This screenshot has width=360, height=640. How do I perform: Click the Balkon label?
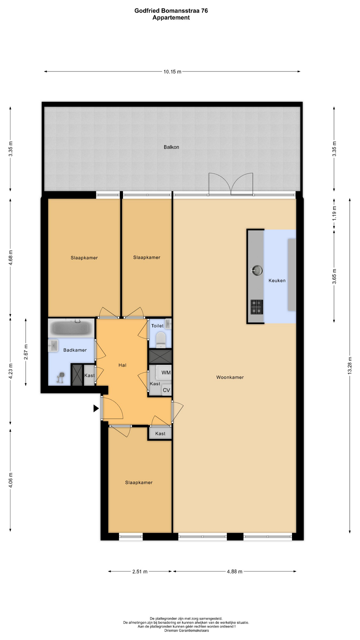tap(171, 147)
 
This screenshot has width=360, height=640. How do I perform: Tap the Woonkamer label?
tap(230, 377)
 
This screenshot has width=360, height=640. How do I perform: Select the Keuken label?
tap(277, 281)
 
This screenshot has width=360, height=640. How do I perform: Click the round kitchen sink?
tap(257, 270)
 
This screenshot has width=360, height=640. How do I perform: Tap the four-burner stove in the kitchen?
tap(257, 307)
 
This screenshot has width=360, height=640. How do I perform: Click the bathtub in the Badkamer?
tap(71, 328)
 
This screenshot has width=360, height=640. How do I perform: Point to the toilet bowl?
tap(161, 340)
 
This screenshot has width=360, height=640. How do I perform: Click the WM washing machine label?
tap(166, 373)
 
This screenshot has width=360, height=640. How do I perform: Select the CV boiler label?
tap(166, 390)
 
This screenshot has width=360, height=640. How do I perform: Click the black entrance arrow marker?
tap(96, 408)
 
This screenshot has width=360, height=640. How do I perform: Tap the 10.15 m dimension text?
tap(172, 72)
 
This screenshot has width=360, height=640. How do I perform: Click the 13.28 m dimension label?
tap(350, 366)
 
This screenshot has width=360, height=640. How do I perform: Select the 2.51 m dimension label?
tap(140, 572)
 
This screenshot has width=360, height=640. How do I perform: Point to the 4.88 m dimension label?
tap(235, 572)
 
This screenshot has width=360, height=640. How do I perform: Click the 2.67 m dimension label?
tap(26, 352)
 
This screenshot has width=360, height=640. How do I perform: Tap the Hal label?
tap(122, 365)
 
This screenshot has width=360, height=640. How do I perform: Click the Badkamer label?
tap(75, 350)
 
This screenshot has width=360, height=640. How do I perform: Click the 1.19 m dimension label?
tap(334, 213)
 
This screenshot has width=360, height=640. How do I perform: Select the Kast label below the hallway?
tap(160, 434)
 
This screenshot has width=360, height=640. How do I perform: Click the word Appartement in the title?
tap(171, 18)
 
